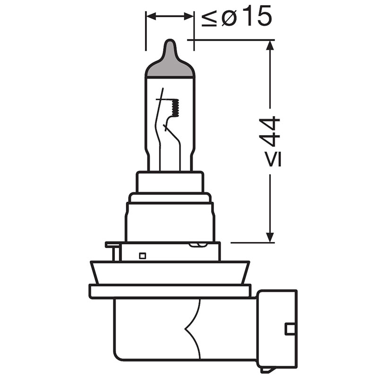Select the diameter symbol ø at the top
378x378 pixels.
tap(228, 17)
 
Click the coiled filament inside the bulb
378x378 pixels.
tap(175, 108)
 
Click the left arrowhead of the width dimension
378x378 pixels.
tap(151, 17)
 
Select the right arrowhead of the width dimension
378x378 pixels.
tap(189, 17)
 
